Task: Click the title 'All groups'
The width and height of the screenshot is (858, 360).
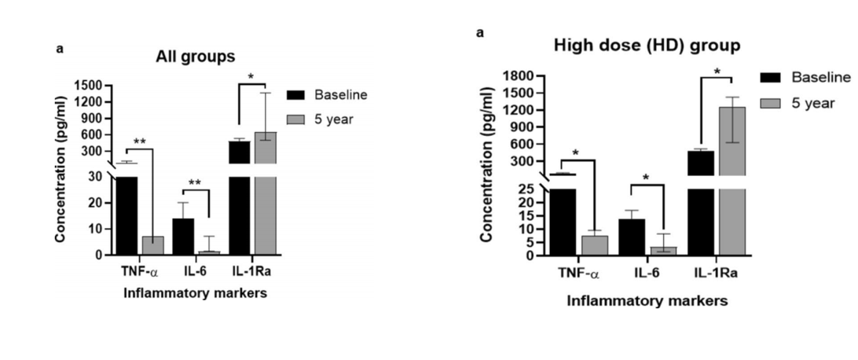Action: (x=195, y=57)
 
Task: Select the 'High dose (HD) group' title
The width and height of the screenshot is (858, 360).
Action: (x=647, y=46)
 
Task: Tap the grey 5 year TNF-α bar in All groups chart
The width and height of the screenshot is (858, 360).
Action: (x=152, y=244)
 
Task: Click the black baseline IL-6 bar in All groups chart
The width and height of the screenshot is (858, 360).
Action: (x=183, y=236)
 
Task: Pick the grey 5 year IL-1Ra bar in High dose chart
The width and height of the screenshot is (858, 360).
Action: (x=733, y=181)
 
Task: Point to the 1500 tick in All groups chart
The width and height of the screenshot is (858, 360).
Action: (x=93, y=85)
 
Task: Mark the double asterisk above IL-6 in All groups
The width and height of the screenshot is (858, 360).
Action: (x=194, y=183)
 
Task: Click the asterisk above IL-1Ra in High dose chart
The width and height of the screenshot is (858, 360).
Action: (x=717, y=72)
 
